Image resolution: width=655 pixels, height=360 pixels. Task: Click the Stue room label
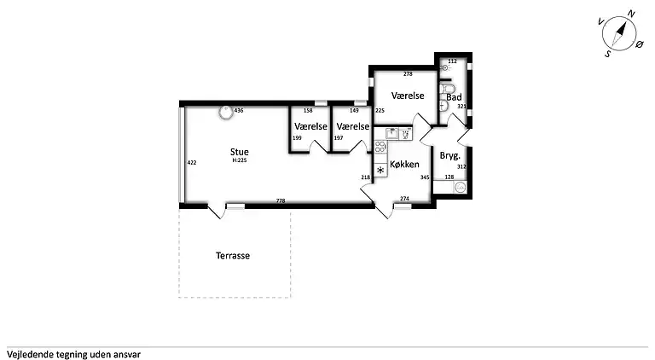click(x=240, y=152)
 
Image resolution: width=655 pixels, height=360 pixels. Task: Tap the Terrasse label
click(x=233, y=256)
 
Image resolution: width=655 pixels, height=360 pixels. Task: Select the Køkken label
click(x=404, y=165)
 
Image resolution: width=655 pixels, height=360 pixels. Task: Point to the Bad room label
click(x=454, y=97)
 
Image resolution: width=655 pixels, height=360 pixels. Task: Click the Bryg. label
click(x=450, y=156)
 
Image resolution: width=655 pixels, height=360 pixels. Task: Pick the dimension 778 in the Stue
click(x=281, y=200)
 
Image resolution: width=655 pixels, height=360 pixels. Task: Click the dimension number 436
click(x=239, y=111)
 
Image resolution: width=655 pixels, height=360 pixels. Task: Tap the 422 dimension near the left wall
click(x=192, y=163)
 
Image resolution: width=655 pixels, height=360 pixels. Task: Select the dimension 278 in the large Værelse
click(x=408, y=74)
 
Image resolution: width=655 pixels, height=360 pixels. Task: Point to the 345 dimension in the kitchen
click(x=425, y=177)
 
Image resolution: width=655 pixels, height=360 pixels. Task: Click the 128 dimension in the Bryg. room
click(x=449, y=177)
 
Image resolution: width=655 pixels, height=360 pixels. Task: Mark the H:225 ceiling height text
click(x=240, y=160)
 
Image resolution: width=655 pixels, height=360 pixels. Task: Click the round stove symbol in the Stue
click(x=226, y=112)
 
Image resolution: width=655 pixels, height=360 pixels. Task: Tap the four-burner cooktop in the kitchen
click(x=380, y=147)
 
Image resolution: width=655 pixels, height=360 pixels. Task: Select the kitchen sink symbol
click(x=392, y=134)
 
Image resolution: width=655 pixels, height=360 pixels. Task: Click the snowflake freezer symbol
click(x=380, y=170)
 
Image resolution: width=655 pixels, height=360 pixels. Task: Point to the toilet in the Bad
click(x=447, y=89)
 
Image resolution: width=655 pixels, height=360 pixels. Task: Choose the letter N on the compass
click(x=631, y=15)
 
